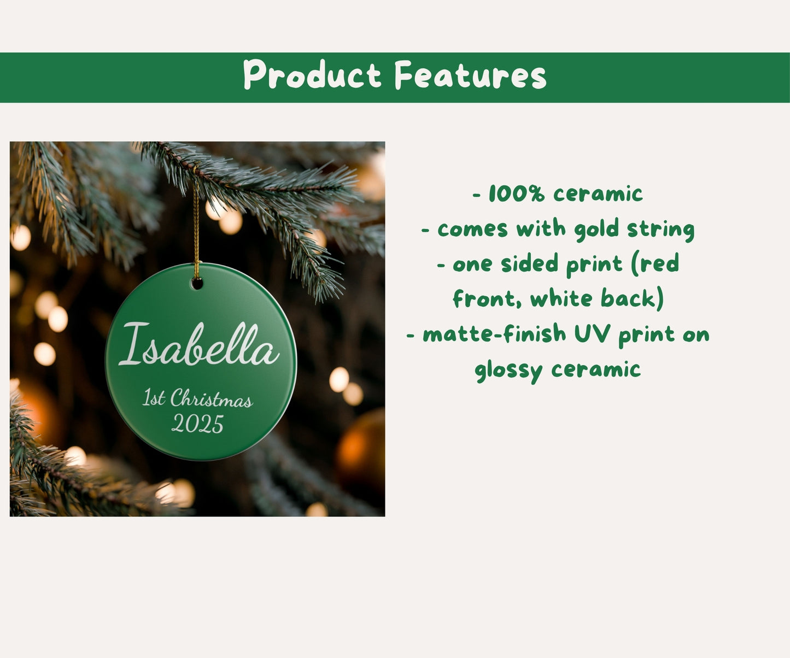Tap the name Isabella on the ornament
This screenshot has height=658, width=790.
tap(199, 345)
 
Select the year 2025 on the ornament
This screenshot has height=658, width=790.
tap(198, 424)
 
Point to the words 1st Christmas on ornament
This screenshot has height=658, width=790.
tap(197, 398)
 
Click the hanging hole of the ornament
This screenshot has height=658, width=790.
tap(197, 283)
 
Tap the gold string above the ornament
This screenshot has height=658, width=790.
tap(196, 230)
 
